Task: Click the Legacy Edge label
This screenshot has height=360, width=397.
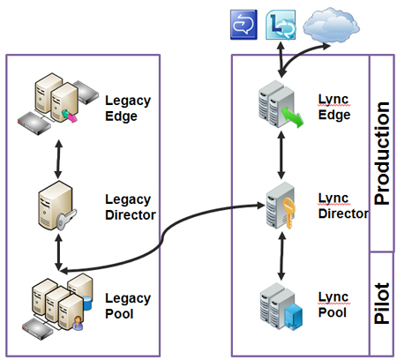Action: point(128,109)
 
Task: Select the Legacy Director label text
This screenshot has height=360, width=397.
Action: point(131,207)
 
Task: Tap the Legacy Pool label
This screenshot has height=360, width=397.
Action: point(128,306)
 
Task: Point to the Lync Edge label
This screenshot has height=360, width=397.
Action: point(334,107)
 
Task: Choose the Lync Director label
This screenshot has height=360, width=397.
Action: point(343,206)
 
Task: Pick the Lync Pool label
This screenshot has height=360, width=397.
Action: point(333,304)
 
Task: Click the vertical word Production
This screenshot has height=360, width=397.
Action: point(381,154)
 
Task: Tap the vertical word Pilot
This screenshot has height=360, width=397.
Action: point(381,304)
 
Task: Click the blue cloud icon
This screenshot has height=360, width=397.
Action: point(331,25)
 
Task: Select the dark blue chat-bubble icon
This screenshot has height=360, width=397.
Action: point(243,25)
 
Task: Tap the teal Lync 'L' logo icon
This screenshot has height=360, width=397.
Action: point(281,25)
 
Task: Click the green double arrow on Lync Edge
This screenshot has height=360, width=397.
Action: point(292,116)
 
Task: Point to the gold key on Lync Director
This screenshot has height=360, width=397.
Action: point(288,213)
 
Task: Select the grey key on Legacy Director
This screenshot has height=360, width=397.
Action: point(66,219)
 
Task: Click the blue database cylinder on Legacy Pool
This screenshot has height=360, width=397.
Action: point(87,303)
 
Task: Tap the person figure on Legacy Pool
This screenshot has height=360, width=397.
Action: point(78,323)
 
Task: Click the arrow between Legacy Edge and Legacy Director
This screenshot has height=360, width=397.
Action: point(58,159)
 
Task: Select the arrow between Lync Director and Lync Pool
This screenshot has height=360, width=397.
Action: point(281,256)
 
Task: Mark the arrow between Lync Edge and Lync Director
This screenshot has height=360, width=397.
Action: point(281,155)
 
